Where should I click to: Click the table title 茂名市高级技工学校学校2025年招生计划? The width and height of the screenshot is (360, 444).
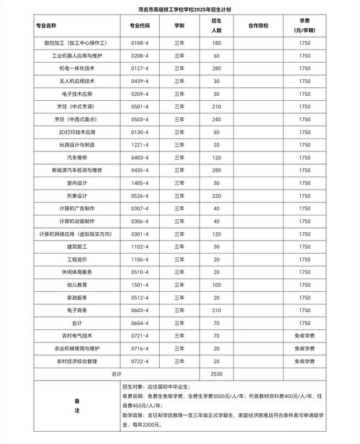180,10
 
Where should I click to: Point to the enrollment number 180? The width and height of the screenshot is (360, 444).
216,43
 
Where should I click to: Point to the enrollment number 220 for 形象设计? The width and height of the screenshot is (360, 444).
216,195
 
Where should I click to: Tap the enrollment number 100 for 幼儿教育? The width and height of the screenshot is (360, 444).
216,284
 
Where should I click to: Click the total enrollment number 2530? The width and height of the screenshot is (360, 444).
216,374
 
